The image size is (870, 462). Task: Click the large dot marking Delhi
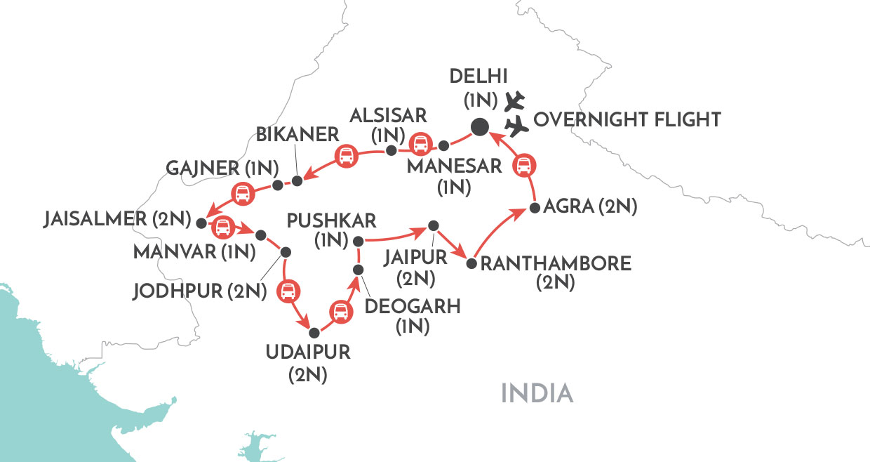[479, 127]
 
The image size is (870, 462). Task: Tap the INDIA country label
[537, 393]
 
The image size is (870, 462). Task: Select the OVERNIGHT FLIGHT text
[627, 120]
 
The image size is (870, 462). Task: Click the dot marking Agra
[535, 208]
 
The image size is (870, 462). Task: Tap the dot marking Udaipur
[314, 332]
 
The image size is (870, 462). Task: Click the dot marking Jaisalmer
[202, 223]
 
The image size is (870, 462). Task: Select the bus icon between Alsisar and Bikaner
[346, 156]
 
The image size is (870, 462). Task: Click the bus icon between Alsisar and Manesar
[420, 144]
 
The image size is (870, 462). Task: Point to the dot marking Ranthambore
[471, 265]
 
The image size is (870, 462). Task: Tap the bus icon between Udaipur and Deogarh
[340, 310]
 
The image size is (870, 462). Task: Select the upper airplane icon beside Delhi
[516, 100]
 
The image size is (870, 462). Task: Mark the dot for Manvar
[261, 235]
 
